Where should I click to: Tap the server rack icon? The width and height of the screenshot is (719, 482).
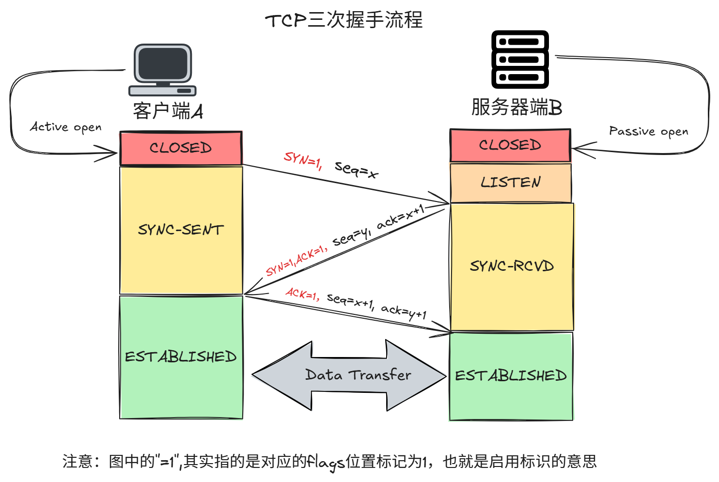coord(520,59)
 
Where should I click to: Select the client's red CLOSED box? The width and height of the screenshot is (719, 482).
coord(181,148)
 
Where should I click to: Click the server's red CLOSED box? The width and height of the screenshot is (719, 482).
coord(510,145)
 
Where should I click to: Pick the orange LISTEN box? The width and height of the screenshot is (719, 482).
coord(511,183)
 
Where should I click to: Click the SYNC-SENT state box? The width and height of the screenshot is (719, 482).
coord(181,230)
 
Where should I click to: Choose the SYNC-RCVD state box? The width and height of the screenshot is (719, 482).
coord(512,266)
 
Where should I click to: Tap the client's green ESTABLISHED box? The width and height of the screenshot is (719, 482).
coord(181,357)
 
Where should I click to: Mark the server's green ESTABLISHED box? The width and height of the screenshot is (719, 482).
coord(511,376)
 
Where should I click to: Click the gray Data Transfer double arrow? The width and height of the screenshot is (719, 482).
coord(349,375)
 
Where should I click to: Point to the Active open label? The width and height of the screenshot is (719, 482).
coord(66,127)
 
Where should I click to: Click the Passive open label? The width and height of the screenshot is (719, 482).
coord(648,131)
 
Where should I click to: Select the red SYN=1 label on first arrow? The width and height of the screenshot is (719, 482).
coord(303,160)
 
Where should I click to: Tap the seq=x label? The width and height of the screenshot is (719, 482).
coord(356,170)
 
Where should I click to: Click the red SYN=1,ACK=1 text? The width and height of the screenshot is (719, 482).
coord(296,261)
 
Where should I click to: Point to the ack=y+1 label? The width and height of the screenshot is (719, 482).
coord(404,311)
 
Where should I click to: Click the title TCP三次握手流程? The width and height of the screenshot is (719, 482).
coord(344,20)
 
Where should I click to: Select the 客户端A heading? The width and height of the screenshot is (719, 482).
coord(168,111)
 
